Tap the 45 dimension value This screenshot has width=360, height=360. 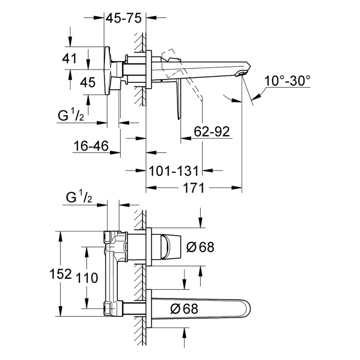pyautogui.click(x=88, y=82)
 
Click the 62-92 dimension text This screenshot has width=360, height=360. pyautogui.click(x=211, y=131)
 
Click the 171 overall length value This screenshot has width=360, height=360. pyautogui.click(x=193, y=188)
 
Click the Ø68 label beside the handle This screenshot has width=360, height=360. pyautogui.click(x=199, y=247)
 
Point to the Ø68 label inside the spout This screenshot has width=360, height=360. pyautogui.click(x=184, y=309)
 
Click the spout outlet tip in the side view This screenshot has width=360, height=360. pyautogui.click(x=243, y=72)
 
